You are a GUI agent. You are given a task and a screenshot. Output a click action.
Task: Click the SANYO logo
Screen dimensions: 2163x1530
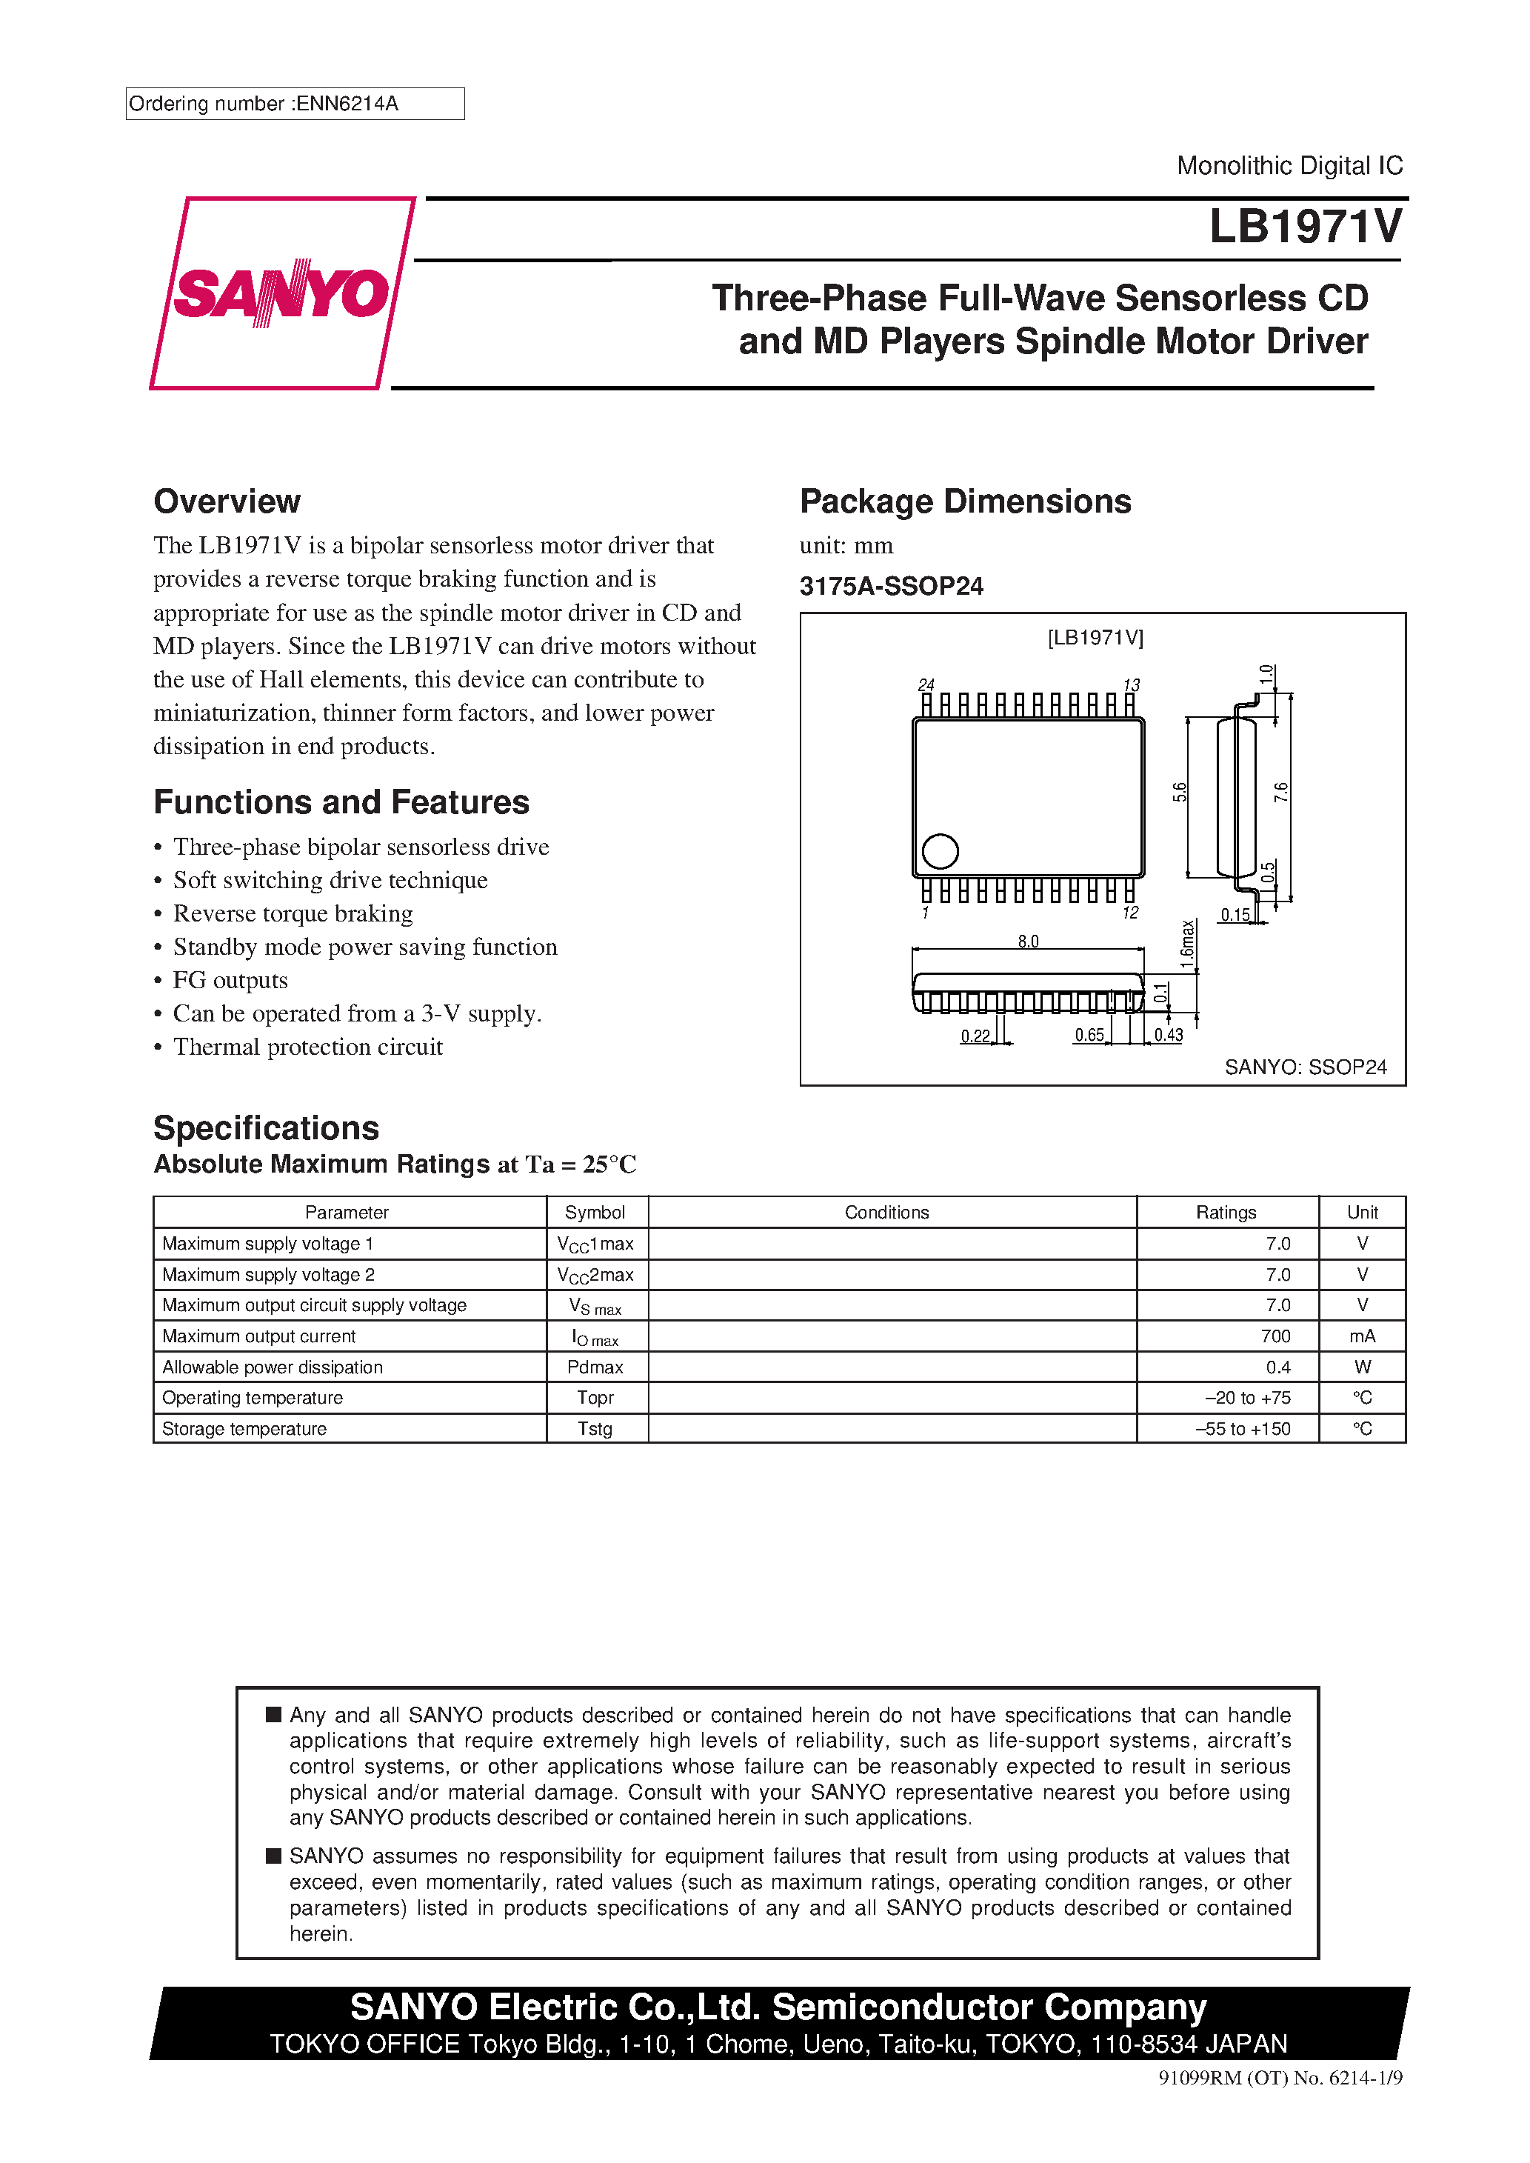point(281,293)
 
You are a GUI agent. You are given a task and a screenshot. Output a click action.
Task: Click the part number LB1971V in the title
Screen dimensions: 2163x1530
point(1305,227)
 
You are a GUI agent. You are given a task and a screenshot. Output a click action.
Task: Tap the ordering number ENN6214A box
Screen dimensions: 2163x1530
point(294,104)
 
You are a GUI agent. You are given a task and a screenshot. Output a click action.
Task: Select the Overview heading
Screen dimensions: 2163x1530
point(227,501)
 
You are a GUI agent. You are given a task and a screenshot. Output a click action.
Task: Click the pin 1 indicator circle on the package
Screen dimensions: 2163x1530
point(939,850)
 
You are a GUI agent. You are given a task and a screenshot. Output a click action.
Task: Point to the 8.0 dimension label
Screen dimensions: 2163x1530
point(1028,941)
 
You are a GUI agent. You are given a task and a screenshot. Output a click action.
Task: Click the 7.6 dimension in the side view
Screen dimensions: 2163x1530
point(1281,793)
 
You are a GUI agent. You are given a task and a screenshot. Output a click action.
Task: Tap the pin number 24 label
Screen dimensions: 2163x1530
point(926,685)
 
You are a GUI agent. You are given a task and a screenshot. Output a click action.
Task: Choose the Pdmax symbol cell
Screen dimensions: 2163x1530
point(595,1367)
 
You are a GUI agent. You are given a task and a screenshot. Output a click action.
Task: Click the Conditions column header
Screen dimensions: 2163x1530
point(886,1213)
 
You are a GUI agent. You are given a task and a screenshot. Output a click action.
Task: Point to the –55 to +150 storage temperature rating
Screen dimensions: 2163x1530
point(1243,1428)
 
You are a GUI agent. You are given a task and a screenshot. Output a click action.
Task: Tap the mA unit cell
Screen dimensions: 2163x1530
point(1361,1336)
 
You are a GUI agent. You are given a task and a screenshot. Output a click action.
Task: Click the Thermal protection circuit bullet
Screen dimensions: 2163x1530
point(307,1047)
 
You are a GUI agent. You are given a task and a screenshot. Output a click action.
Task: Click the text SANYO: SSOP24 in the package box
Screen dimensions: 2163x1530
point(1305,1067)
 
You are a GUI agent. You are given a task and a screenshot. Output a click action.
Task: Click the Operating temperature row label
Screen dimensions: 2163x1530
point(253,1397)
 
